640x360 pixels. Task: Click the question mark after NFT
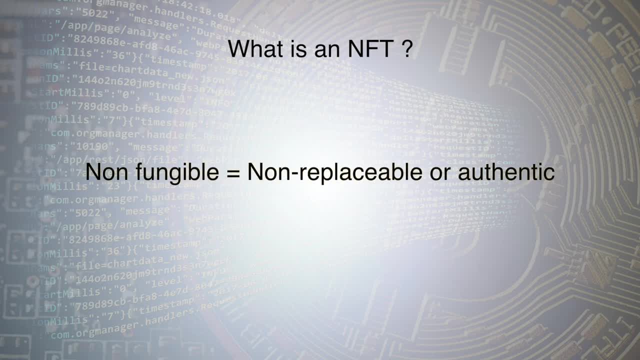406,49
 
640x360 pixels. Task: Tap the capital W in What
238,49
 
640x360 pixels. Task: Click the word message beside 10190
153,147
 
